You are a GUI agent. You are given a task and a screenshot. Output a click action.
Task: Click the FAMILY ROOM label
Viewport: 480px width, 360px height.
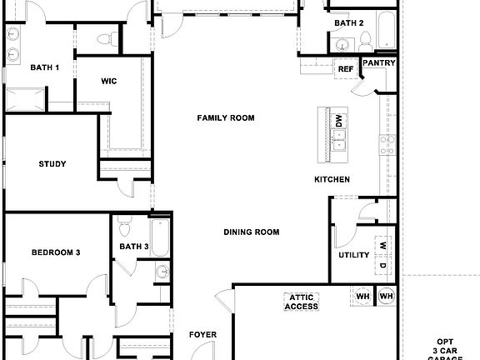click(225, 118)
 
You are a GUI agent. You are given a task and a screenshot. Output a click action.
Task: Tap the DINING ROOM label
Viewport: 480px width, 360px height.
click(251, 232)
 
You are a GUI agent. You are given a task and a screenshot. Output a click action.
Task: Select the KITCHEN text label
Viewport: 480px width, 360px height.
click(332, 180)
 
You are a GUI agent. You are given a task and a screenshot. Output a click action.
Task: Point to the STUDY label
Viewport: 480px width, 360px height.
click(52, 164)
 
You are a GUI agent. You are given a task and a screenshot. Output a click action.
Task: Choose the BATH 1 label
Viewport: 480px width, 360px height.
click(45, 67)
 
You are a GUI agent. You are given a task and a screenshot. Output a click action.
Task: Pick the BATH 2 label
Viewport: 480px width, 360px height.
click(349, 23)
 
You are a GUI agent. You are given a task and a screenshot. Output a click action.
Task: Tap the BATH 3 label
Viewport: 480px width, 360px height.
click(133, 247)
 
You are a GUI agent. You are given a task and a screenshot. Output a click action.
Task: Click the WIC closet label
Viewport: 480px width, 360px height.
click(108, 81)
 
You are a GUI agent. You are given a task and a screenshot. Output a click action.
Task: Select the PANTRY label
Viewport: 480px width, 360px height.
click(378, 63)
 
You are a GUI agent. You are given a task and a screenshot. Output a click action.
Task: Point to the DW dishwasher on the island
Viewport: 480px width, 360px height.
click(338, 122)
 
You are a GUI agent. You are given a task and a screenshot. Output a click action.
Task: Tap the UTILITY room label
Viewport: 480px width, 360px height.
click(353, 255)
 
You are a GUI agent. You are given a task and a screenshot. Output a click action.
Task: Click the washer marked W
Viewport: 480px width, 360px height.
click(381, 245)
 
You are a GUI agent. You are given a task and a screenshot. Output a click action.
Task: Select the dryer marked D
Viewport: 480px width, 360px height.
click(381, 266)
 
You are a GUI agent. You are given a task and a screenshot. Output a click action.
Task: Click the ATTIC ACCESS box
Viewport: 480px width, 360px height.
click(302, 302)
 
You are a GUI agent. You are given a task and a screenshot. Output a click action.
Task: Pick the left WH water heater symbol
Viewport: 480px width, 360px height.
click(362, 297)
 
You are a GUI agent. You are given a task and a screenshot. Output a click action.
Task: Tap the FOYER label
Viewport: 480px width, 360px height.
click(202, 335)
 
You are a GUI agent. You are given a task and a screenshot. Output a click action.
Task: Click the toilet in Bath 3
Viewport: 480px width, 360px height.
click(124, 226)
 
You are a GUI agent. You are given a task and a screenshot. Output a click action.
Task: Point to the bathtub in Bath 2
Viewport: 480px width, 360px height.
click(386, 30)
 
